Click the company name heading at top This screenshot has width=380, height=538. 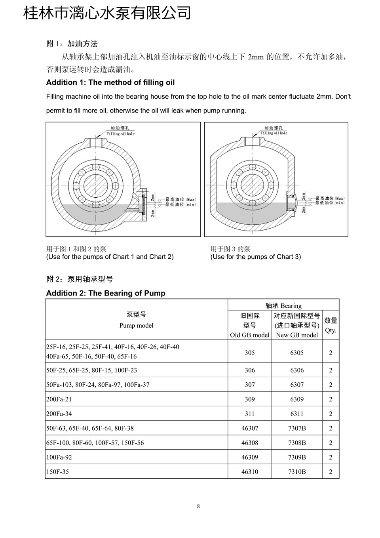coord(107,13)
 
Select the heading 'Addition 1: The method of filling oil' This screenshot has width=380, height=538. coord(110,82)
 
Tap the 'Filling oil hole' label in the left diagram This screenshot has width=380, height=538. coord(120,134)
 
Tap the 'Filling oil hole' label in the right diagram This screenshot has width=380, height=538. coord(274,133)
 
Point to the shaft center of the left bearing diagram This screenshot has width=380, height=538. coord(96,185)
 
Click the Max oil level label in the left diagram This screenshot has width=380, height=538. coord(180,199)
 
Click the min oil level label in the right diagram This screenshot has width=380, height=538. coord(330,203)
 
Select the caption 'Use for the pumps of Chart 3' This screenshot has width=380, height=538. coord(256,257)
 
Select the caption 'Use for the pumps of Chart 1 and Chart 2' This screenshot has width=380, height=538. coord(110,257)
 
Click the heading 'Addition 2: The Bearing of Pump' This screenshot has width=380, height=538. coord(106,293)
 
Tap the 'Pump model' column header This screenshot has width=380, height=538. coord(136,325)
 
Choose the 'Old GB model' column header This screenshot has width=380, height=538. coord(250,335)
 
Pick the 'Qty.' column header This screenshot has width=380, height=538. coord(331,330)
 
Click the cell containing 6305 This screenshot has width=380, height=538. coord(297,353)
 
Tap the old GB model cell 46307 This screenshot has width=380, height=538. coord(250,428)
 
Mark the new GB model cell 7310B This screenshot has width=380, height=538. coord(297,471)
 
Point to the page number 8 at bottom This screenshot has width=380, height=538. coord(198,506)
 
